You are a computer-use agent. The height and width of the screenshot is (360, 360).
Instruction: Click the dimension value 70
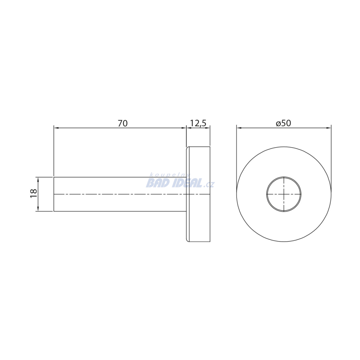123,123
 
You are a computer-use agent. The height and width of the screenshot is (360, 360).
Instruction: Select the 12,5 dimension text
198,123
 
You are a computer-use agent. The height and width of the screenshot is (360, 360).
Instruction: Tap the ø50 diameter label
284,123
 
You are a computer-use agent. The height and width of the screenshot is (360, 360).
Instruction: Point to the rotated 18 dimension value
33,193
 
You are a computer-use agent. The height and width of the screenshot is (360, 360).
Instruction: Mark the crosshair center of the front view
284,194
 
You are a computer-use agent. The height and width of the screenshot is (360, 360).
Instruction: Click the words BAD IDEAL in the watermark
174,183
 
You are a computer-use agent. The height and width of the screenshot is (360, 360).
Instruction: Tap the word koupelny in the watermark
169,175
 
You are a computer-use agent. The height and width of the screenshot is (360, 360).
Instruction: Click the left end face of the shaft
54,194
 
